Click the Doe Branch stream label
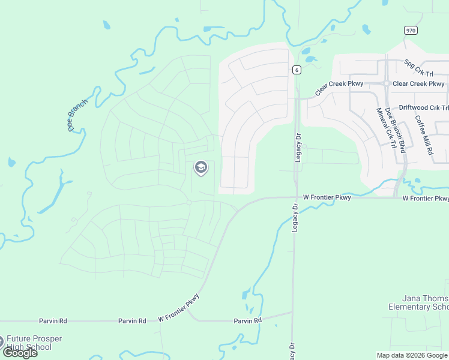(78, 115)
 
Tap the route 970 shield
(411, 30)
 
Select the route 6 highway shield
(297, 70)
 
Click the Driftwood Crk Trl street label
(424, 108)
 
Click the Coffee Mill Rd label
(424, 136)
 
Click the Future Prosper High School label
(35, 343)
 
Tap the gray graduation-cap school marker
(200, 168)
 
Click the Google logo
(20, 353)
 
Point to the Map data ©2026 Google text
(412, 355)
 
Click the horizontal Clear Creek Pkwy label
(418, 84)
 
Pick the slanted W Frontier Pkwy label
(178, 309)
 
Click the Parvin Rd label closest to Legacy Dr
(248, 321)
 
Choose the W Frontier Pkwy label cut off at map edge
(426, 198)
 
